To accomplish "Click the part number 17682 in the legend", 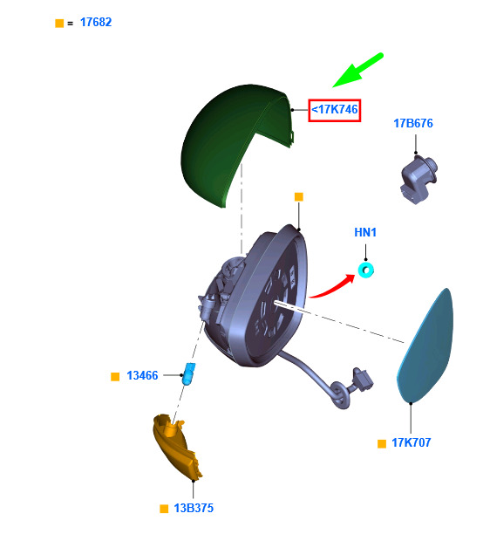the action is pos(96,23).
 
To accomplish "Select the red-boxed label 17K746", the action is pos(335,110).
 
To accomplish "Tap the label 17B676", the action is pos(413,123).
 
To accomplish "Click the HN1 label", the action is pos(365,232).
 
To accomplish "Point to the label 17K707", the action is pos(411,442).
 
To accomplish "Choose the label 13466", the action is pos(142,376).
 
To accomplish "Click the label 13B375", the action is pos(194,508).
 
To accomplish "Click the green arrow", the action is pos(357,71).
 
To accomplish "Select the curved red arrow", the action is pos(332,288).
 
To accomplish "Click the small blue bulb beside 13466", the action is pos(189,373).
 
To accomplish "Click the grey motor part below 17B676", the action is pos(418,180).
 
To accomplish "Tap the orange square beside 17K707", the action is pos(382,444).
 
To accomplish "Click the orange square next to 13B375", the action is pos(164,509).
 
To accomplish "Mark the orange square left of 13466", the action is pos(115,377).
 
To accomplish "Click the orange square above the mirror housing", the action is pos(299,197).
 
